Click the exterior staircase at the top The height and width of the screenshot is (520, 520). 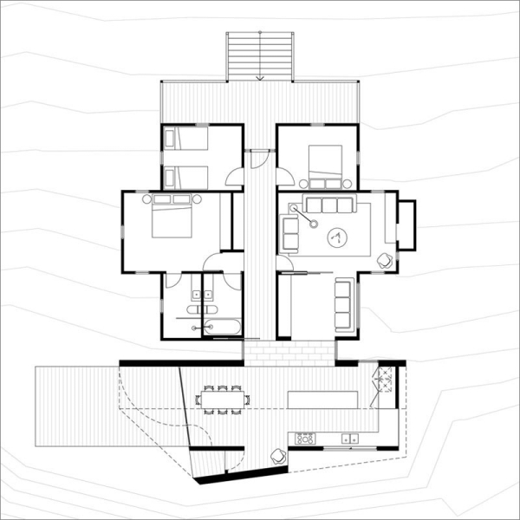point(258,55)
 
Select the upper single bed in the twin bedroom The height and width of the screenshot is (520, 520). point(186,139)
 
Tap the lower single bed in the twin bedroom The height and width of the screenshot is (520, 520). point(186,176)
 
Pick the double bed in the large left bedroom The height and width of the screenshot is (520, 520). point(172,217)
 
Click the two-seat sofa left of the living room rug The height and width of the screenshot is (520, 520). point(289,231)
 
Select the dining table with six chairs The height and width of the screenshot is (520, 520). point(224,399)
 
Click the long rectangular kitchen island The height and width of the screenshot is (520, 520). point(322,399)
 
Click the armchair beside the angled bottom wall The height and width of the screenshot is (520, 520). point(278,456)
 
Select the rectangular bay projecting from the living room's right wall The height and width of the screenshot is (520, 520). point(406,224)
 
